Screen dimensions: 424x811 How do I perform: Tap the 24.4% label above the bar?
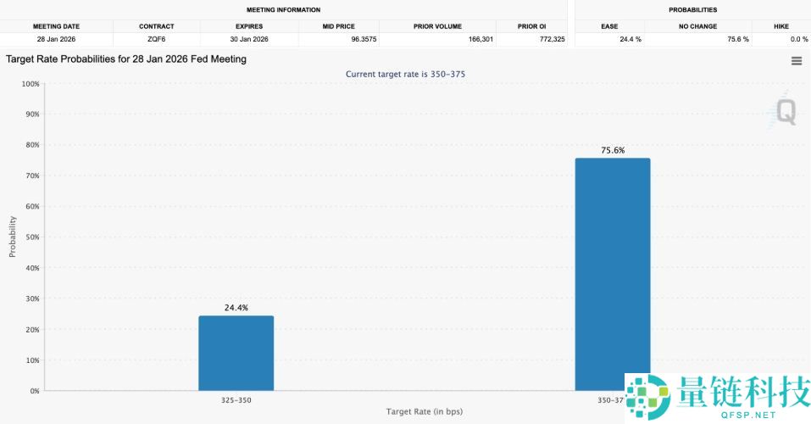click(x=236, y=308)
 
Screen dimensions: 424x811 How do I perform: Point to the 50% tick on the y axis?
click(x=31, y=237)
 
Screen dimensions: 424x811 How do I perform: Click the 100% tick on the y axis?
click(x=30, y=84)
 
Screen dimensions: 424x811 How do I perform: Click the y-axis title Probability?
click(x=13, y=237)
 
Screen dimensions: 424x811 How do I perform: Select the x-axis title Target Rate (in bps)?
click(x=424, y=411)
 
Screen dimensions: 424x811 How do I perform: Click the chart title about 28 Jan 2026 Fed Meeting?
click(x=126, y=59)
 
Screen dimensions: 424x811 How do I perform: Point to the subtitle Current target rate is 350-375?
click(x=405, y=75)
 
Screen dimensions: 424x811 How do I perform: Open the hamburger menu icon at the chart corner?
click(x=796, y=61)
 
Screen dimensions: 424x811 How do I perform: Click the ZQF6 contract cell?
click(x=157, y=40)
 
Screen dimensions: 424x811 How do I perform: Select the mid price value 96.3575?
click(x=339, y=40)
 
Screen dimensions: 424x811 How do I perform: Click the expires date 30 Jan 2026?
click(x=249, y=40)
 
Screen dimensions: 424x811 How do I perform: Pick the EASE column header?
click(x=609, y=26)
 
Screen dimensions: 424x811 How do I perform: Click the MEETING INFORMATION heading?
click(x=283, y=10)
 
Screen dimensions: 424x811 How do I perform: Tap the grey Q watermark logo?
click(x=786, y=112)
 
